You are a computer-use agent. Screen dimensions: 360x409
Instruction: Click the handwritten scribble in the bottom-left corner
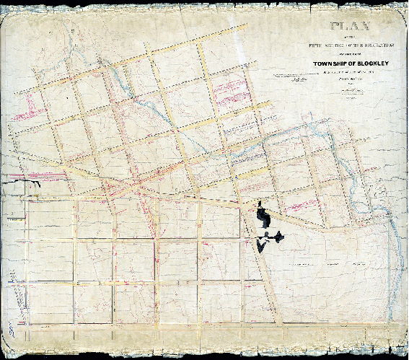(12, 332)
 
